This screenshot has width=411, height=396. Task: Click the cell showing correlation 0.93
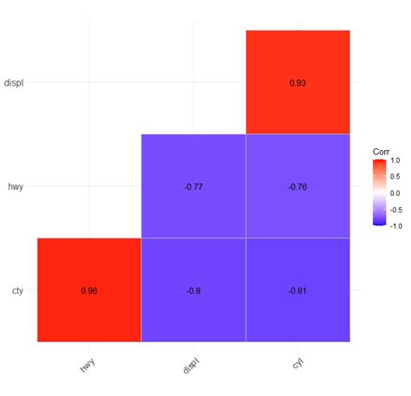pos(297,82)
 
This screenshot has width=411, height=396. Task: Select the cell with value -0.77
pos(193,186)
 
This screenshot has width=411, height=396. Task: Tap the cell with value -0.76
pos(297,186)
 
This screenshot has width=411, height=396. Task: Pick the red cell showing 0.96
pos(89,290)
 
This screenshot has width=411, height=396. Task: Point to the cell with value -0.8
pos(193,290)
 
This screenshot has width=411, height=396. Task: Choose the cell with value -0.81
pos(297,290)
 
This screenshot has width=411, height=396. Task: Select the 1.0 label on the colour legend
pos(395,160)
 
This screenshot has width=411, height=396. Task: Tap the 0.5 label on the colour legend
pos(395,177)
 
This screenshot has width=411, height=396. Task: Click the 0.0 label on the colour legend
pos(395,192)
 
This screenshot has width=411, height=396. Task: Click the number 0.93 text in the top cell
pos(297,82)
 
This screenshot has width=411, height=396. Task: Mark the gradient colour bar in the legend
pos(379,192)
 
